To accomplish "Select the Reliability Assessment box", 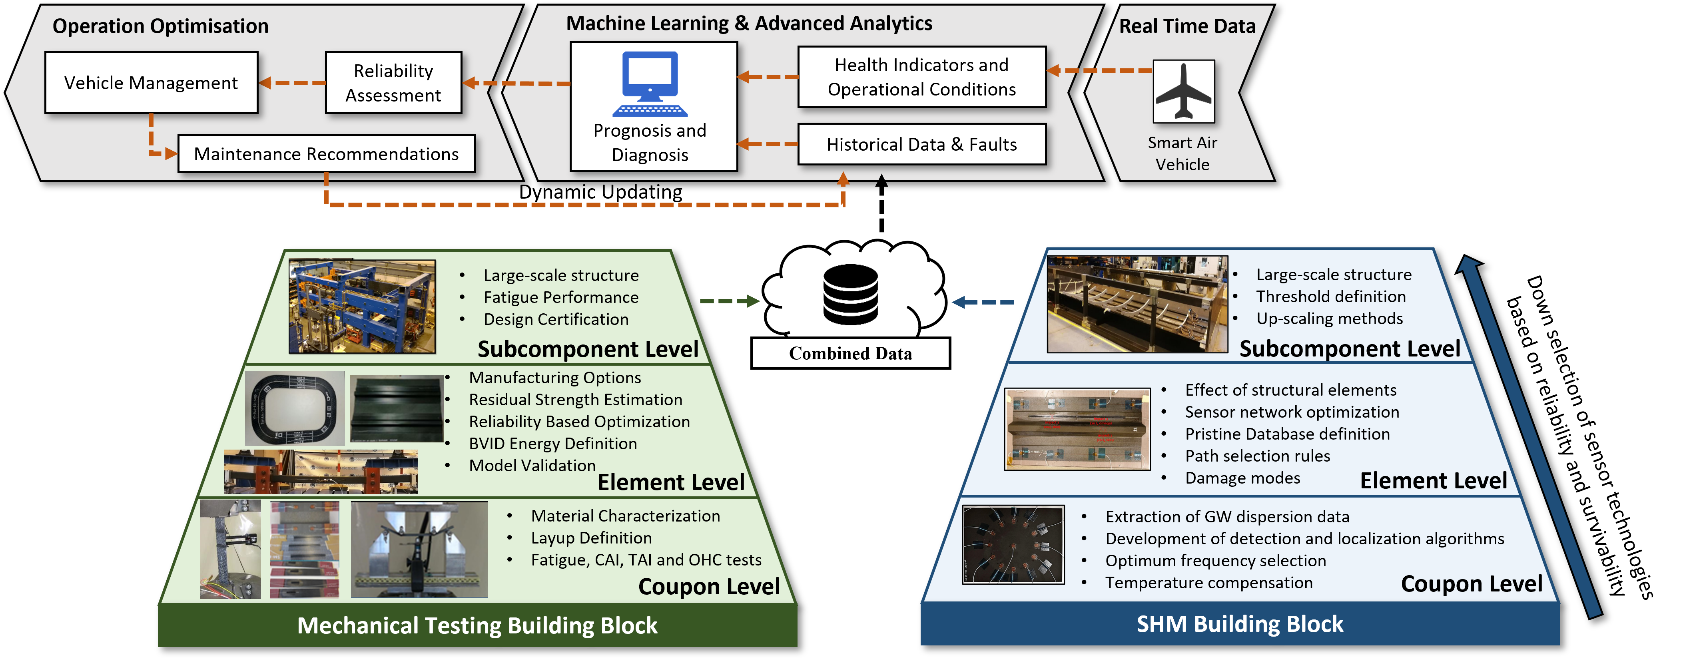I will [x=393, y=83].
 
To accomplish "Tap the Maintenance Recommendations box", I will [x=326, y=154].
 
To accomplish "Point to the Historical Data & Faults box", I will [x=921, y=144].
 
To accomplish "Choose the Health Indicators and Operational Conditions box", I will [x=921, y=77].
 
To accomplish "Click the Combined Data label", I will [x=850, y=353].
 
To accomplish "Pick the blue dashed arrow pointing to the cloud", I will [x=983, y=302].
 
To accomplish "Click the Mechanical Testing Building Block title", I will [x=477, y=625].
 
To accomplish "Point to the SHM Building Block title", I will [x=1240, y=624].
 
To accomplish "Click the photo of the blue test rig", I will [x=362, y=306].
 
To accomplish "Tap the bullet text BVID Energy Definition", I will [x=553, y=444].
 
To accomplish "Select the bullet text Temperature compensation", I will [x=1208, y=583].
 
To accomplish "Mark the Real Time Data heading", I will [x=1187, y=26].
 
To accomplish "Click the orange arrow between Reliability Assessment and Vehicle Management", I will [x=292, y=83].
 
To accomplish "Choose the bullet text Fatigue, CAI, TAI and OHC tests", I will [x=646, y=560].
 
